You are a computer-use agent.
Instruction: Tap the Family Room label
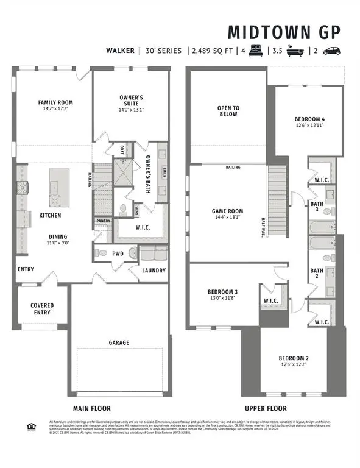click(x=55, y=102)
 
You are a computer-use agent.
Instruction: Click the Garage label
click(x=119, y=342)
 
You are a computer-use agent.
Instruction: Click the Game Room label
click(x=228, y=212)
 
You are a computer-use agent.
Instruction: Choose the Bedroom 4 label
click(x=307, y=119)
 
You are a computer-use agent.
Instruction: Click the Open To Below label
click(x=228, y=111)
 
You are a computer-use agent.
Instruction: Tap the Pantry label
click(x=102, y=221)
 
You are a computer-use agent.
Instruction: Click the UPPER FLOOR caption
click(x=266, y=408)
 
